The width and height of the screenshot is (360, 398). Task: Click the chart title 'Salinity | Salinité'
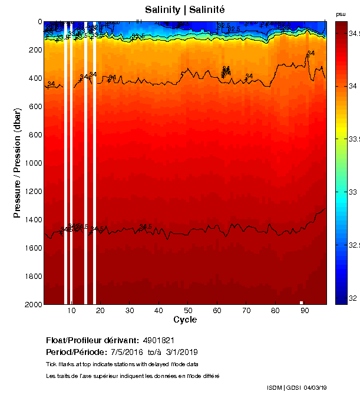(184, 10)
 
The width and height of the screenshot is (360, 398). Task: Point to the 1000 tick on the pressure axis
(34, 163)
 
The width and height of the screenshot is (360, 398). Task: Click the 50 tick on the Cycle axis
(187, 311)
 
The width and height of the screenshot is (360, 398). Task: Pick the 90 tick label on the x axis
(304, 311)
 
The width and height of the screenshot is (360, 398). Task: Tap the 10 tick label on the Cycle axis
(71, 311)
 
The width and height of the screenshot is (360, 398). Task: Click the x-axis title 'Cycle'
(185, 320)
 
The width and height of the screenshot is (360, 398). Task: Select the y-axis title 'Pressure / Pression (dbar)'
(17, 163)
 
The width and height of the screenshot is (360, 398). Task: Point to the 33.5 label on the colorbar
(351, 139)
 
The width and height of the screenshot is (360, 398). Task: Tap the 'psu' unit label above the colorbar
(341, 14)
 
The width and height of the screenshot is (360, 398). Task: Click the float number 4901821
(158, 340)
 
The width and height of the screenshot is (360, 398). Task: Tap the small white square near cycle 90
(301, 302)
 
